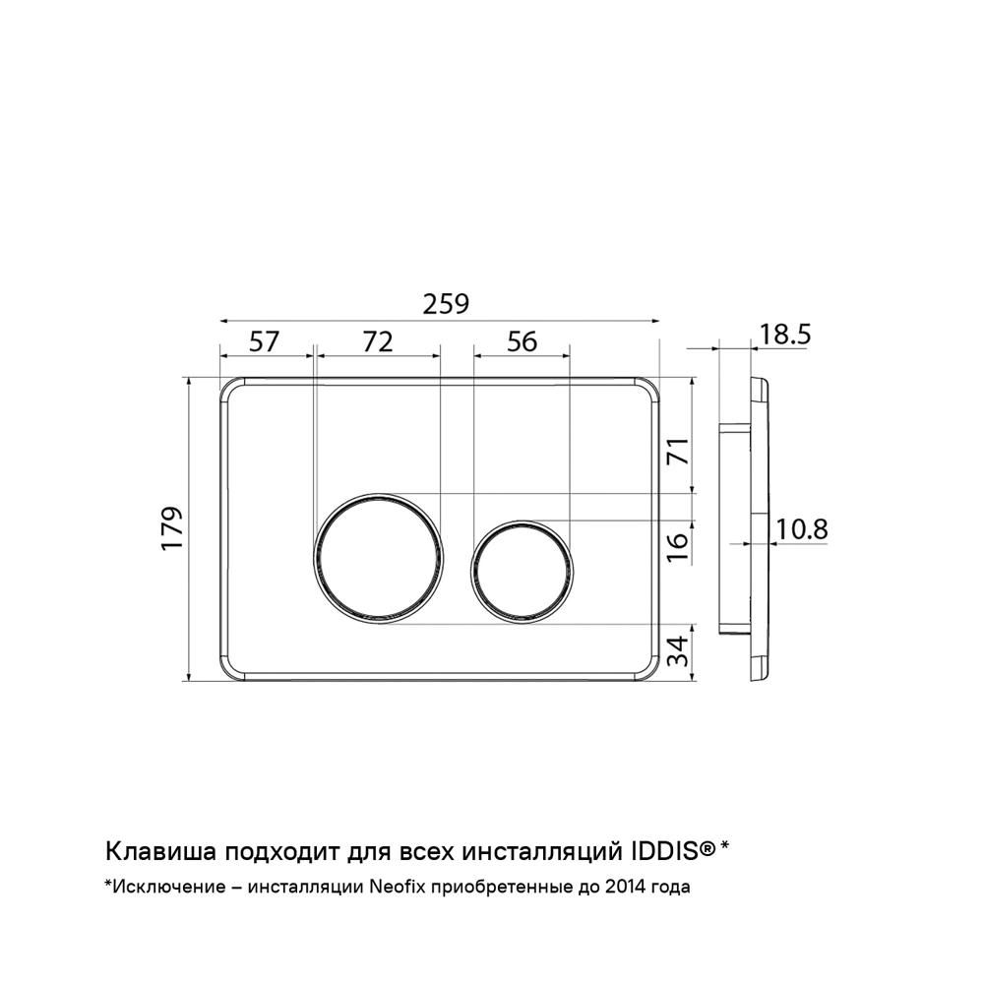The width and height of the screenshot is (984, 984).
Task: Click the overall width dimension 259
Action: coord(446,304)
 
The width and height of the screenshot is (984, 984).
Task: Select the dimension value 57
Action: coord(264,342)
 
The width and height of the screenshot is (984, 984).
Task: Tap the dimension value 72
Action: coord(379,342)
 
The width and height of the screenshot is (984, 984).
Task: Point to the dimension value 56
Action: coord(523,342)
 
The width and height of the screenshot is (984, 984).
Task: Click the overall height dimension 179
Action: coord(172,527)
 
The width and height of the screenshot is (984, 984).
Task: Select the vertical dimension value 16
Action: coord(678,547)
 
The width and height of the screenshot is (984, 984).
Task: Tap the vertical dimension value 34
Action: coord(678,650)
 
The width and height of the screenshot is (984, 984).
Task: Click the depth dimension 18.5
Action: coord(784,335)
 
